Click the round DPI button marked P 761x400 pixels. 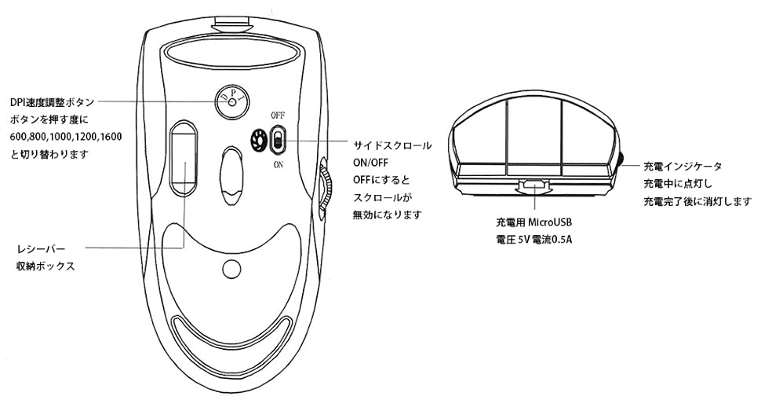pos(231,102)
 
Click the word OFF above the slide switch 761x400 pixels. pos(278,115)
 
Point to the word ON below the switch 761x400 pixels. pos(279,166)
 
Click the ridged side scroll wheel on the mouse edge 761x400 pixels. pos(325,185)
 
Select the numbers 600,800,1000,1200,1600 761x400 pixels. pos(66,137)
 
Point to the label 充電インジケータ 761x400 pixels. pos(683,167)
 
